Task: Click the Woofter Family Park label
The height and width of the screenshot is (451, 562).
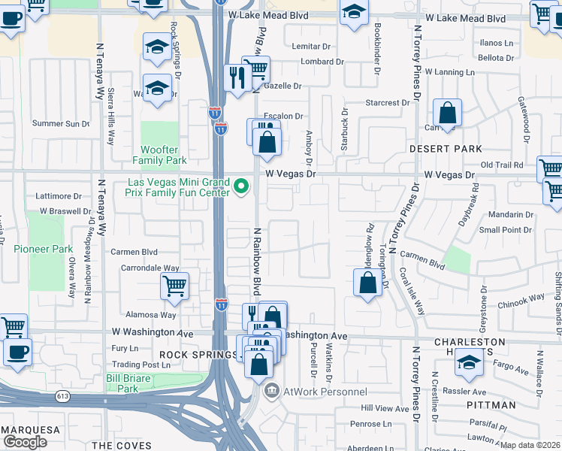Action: (x=159, y=155)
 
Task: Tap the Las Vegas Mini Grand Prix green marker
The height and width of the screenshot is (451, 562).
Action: (x=241, y=185)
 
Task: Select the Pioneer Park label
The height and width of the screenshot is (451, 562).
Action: (x=43, y=248)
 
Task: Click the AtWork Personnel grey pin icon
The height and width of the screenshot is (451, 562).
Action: (x=271, y=390)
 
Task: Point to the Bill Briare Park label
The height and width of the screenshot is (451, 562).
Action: (x=122, y=383)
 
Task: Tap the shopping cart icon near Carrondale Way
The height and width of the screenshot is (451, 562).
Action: (x=174, y=286)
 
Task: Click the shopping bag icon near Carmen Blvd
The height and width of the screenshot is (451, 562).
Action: (x=367, y=283)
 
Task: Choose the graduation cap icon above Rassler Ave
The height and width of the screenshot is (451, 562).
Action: (x=469, y=363)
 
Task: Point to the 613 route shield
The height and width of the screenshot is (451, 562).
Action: (x=59, y=395)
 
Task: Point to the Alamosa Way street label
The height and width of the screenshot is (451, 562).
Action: (x=152, y=315)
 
